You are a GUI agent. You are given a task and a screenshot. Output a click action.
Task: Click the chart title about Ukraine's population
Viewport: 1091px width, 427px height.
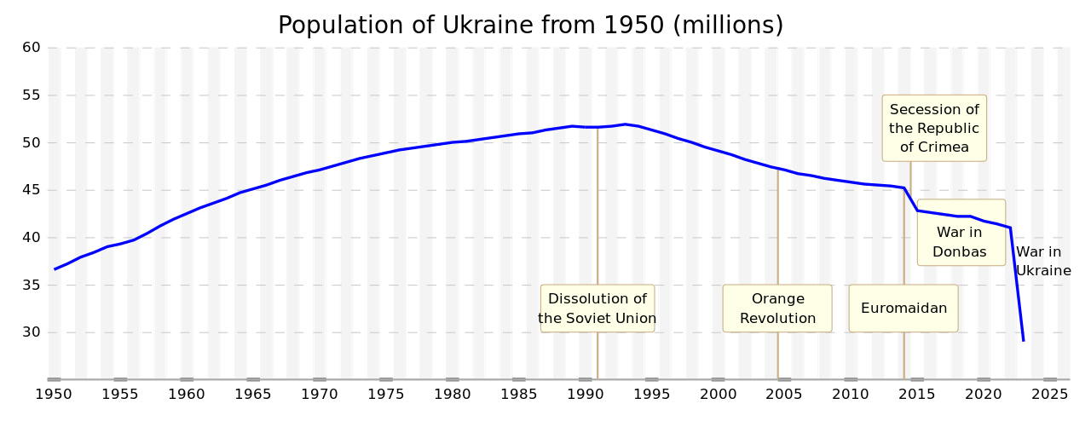pos(530,25)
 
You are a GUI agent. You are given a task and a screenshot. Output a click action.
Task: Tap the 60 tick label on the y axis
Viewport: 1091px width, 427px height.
pos(32,47)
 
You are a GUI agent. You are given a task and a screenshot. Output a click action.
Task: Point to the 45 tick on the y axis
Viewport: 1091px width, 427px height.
pos(32,190)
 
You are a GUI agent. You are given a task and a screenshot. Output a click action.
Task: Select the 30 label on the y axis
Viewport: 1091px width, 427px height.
pos(32,332)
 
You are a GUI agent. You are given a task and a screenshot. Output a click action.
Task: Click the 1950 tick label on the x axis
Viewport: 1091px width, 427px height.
pos(53,394)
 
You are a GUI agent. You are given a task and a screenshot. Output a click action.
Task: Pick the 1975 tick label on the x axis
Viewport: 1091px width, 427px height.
pos(385,394)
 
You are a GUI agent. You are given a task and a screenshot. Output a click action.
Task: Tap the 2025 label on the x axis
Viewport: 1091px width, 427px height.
pos(1049,394)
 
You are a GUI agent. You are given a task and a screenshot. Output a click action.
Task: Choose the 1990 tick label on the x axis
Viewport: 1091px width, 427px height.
pos(585,394)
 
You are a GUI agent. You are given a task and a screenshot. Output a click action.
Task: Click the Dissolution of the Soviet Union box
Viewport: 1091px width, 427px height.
pos(597,309)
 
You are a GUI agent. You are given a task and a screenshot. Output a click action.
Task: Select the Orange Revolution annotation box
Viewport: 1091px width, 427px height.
pos(777,309)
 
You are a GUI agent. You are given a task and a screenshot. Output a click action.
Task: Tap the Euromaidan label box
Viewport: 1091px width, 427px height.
pos(903,309)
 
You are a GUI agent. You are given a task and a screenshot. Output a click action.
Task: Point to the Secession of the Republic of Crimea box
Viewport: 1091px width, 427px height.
pos(934,128)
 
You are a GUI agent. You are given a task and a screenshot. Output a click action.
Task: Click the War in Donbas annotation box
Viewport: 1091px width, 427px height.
pos(961,233)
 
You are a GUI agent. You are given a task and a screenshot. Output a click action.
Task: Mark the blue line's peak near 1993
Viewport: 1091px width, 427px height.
pos(625,124)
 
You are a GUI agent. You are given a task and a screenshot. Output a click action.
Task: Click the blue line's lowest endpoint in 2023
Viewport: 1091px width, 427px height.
pos(1023,340)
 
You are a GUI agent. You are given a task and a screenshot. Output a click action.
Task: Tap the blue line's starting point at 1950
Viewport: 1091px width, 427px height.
pos(55,269)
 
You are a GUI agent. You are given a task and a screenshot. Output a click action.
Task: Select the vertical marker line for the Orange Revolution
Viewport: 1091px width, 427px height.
pos(777,230)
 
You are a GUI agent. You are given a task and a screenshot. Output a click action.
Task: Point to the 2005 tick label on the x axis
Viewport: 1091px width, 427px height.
pos(784,394)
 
